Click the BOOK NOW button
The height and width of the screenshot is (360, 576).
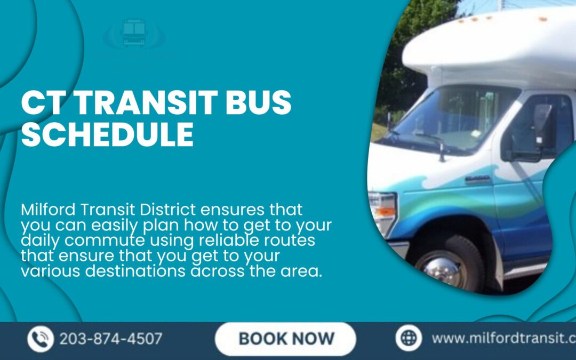pyautogui.click(x=286, y=338)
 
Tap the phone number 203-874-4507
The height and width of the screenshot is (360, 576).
pyautogui.click(x=111, y=339)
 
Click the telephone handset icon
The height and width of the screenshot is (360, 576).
pyautogui.click(x=41, y=339)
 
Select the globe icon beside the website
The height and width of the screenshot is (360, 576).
pyautogui.click(x=409, y=338)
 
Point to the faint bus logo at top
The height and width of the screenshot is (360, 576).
pyautogui.click(x=134, y=34)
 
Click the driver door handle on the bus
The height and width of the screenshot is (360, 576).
pyautogui.click(x=478, y=179)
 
